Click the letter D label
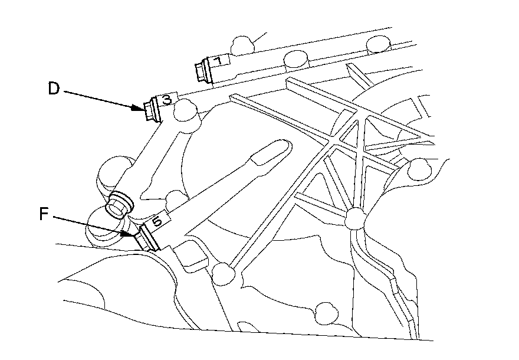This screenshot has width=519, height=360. (53, 90)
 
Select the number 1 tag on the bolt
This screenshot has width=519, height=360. (218, 61)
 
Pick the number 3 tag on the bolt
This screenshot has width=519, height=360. (167, 100)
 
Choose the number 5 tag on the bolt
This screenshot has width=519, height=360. (156, 222)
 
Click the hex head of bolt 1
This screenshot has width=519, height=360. (199, 71)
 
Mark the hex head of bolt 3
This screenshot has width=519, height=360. (148, 110)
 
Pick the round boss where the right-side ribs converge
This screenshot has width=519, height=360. (354, 219)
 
